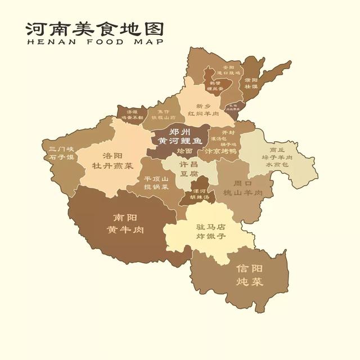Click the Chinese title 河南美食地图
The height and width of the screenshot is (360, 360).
[94, 29]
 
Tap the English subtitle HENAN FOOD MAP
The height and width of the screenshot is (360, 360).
[94, 42]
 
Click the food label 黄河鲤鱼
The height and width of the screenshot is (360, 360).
[179, 141]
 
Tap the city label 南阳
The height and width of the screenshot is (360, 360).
[125, 218]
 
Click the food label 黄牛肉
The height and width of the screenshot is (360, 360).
[125, 230]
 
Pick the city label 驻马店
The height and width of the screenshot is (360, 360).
[210, 227]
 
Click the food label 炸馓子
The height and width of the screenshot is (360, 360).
[210, 237]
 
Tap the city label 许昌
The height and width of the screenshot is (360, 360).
[188, 164]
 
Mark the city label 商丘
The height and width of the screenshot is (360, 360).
[277, 150]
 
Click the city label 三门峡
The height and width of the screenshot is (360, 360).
[61, 148]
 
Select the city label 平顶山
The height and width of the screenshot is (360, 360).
[156, 179]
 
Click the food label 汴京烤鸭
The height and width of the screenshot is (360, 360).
[219, 151]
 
